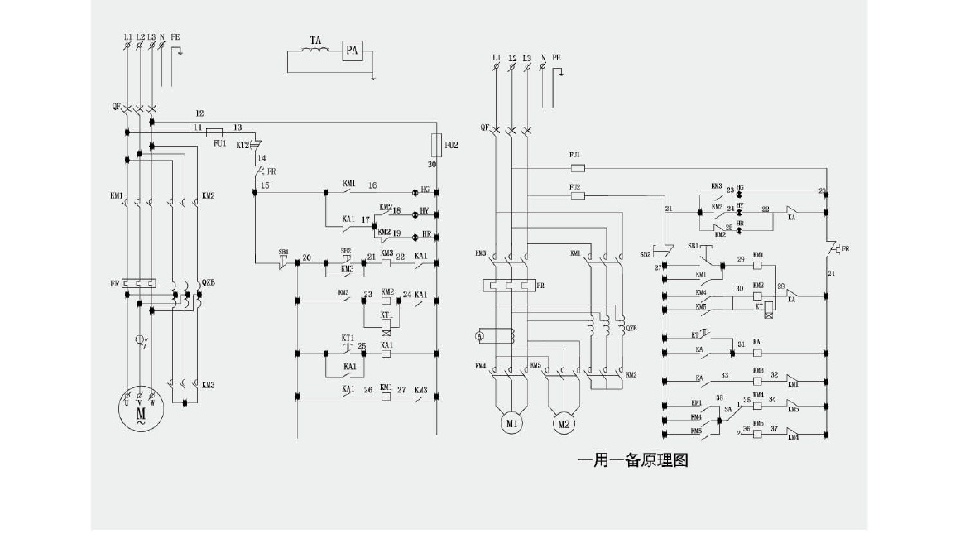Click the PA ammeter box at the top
click(x=352, y=51)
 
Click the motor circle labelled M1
click(x=512, y=424)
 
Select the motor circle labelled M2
click(x=564, y=424)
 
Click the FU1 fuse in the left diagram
click(x=215, y=132)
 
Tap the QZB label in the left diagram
click(x=209, y=282)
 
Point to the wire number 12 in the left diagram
click(x=199, y=113)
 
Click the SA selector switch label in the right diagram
click(x=729, y=408)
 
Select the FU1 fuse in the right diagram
click(x=578, y=166)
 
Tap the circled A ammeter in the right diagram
click(x=478, y=335)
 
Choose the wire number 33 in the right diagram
click(x=724, y=375)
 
